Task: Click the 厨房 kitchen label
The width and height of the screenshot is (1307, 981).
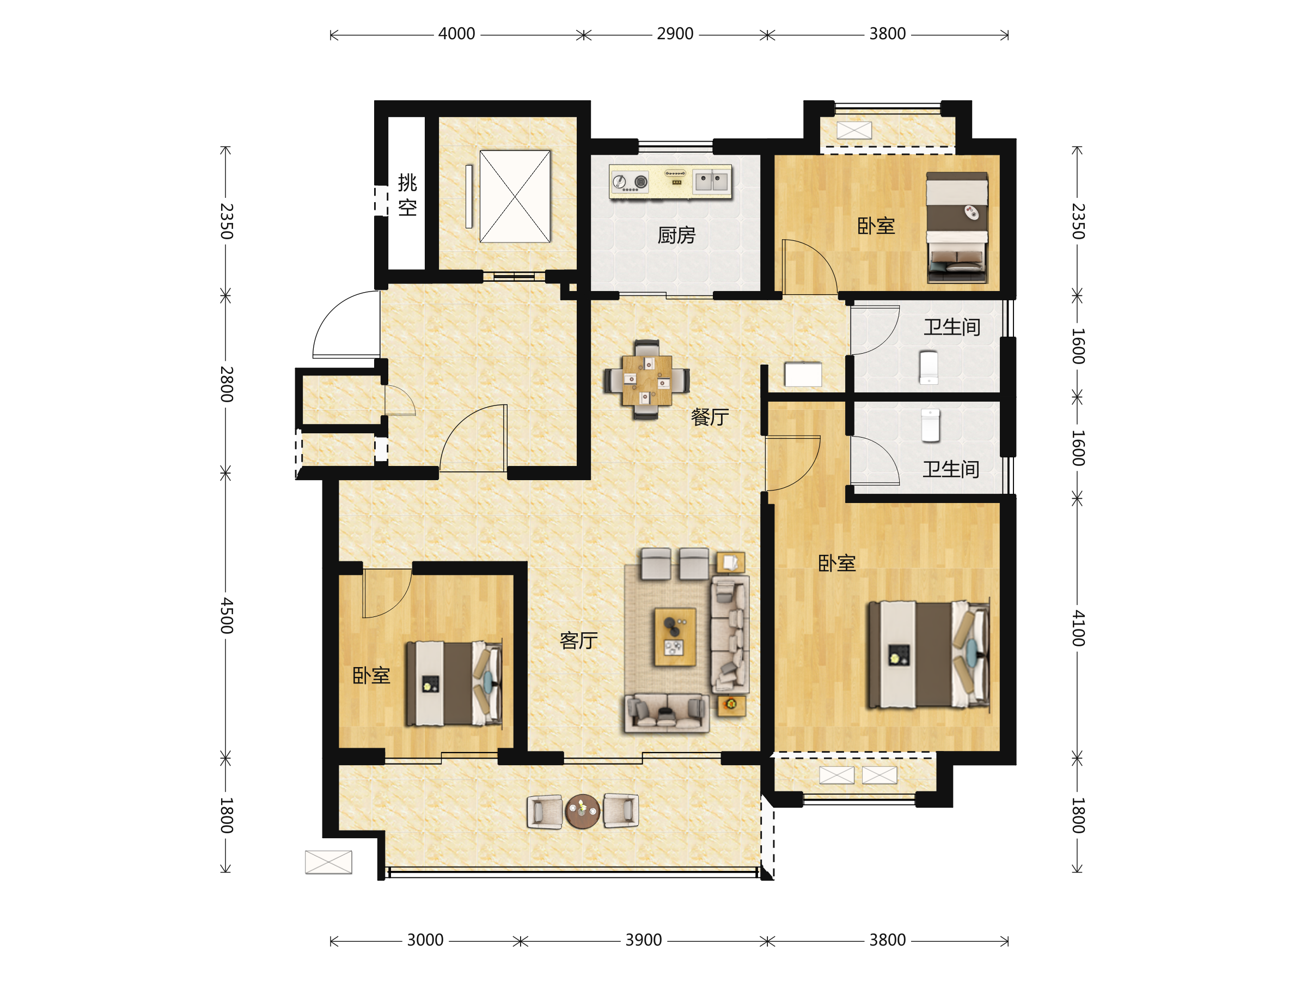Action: pos(676,235)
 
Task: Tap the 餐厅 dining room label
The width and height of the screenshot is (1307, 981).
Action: pos(710,417)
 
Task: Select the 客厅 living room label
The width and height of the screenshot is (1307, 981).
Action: pos(578,640)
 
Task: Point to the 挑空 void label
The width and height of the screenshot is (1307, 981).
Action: pos(407,195)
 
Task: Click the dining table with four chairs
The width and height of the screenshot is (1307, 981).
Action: pos(646,380)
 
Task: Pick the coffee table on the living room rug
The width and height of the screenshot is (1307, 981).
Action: pos(674,637)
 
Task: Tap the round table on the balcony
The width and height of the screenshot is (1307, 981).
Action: pos(583,811)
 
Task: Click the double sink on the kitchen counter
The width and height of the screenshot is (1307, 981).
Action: pos(711,181)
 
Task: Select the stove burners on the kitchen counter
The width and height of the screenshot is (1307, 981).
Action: pos(630,182)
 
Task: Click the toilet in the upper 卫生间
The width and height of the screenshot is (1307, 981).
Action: pos(929,367)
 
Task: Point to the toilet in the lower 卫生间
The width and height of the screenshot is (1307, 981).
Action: pos(931,425)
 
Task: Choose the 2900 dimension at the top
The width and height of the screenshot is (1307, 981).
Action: pos(675,34)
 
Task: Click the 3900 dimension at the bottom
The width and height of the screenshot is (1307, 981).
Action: pos(644,940)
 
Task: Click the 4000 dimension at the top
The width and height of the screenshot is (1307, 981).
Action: pos(456,34)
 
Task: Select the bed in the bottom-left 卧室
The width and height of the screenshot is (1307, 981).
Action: pos(454,683)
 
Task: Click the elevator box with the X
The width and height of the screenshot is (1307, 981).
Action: pos(515,196)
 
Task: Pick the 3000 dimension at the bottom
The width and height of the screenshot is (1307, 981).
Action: pos(425,940)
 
